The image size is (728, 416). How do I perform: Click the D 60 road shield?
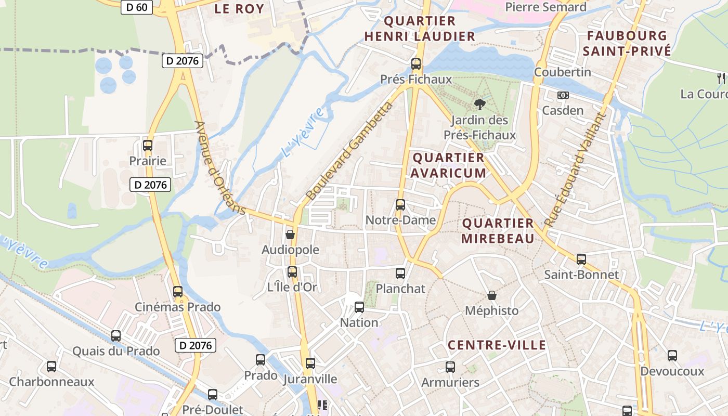(137, 7)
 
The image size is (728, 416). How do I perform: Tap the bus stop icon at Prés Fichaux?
(416, 64)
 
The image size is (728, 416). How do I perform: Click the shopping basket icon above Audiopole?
(290, 235)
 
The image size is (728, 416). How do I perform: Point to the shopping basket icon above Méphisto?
(492, 295)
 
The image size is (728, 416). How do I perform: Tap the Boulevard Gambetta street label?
(350, 152)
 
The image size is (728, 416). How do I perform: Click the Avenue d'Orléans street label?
(219, 167)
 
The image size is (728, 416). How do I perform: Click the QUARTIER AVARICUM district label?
(449, 165)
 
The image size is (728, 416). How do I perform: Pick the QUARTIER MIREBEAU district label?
(498, 231)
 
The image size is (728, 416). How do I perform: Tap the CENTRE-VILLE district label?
(497, 345)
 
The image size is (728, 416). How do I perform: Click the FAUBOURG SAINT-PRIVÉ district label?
(626, 43)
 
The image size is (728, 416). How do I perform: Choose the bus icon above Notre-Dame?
(400, 205)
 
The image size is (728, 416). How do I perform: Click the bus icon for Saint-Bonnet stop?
(581, 259)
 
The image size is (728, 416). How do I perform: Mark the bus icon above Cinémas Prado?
(178, 292)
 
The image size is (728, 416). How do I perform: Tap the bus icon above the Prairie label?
(148, 146)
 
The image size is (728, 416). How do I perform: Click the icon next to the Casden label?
(563, 95)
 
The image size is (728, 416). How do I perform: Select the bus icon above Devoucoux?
(672, 356)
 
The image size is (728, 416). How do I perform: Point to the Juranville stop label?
(310, 379)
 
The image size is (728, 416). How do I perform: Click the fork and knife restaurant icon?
(720, 79)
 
